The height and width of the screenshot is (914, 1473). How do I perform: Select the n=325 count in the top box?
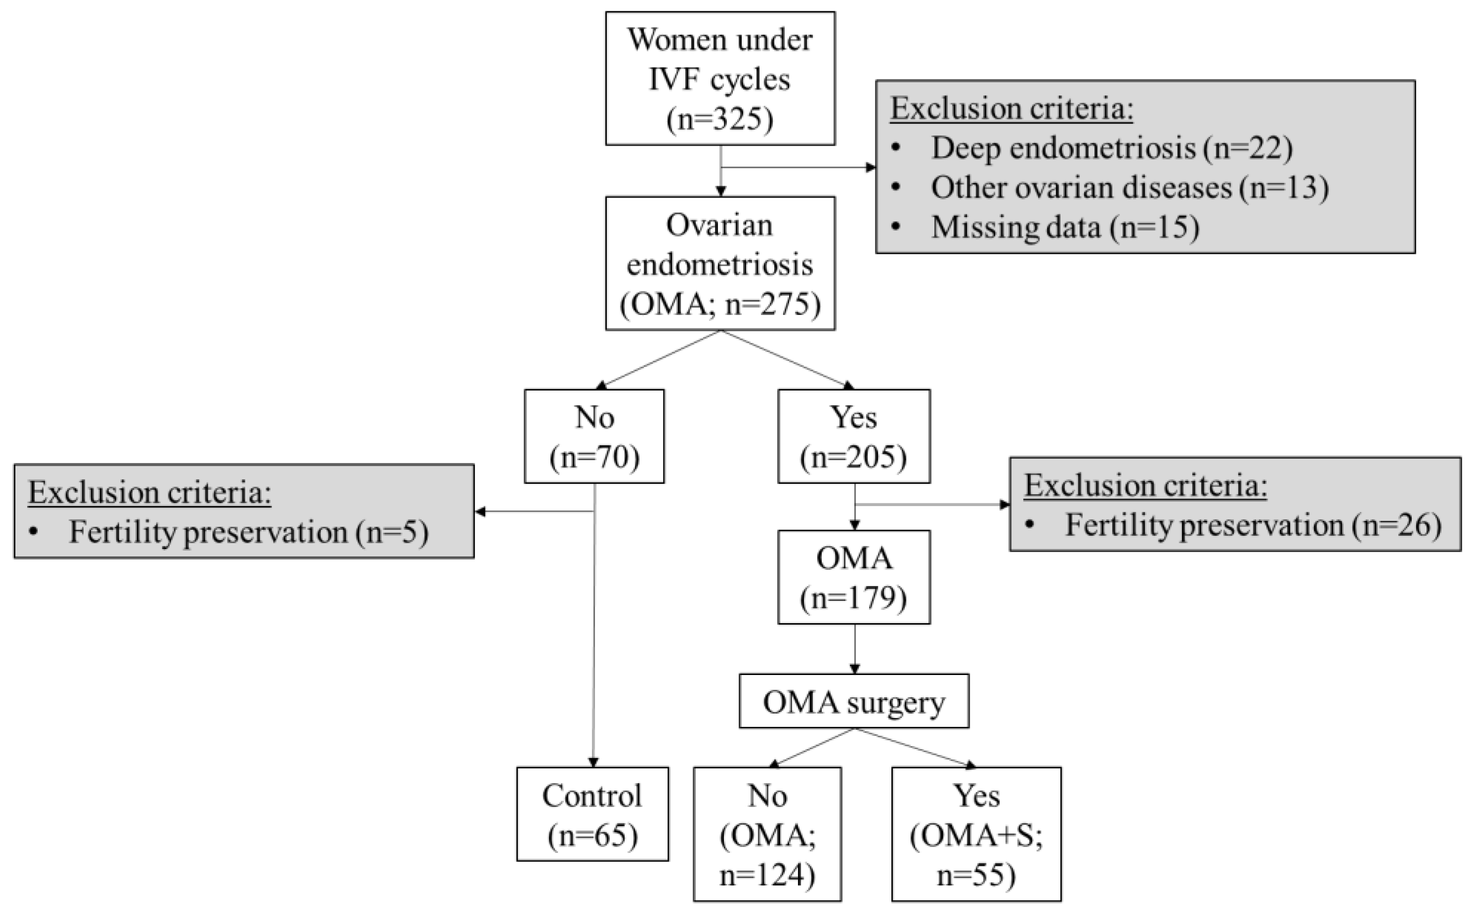coord(720,119)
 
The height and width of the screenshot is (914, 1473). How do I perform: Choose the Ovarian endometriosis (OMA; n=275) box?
coord(720,264)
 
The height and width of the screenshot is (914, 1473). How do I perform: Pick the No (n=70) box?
coord(594,436)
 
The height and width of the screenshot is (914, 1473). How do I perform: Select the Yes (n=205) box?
coord(853,436)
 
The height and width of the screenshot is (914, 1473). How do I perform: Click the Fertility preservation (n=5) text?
coord(248,532)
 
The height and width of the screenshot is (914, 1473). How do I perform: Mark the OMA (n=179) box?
coord(853,577)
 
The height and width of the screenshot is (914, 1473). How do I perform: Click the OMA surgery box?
coord(853,702)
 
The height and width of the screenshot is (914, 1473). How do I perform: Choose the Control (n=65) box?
coord(593,814)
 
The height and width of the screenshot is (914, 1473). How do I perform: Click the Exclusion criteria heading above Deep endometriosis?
coord(1011,109)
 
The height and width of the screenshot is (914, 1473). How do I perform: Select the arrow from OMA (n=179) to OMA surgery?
coord(854,650)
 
